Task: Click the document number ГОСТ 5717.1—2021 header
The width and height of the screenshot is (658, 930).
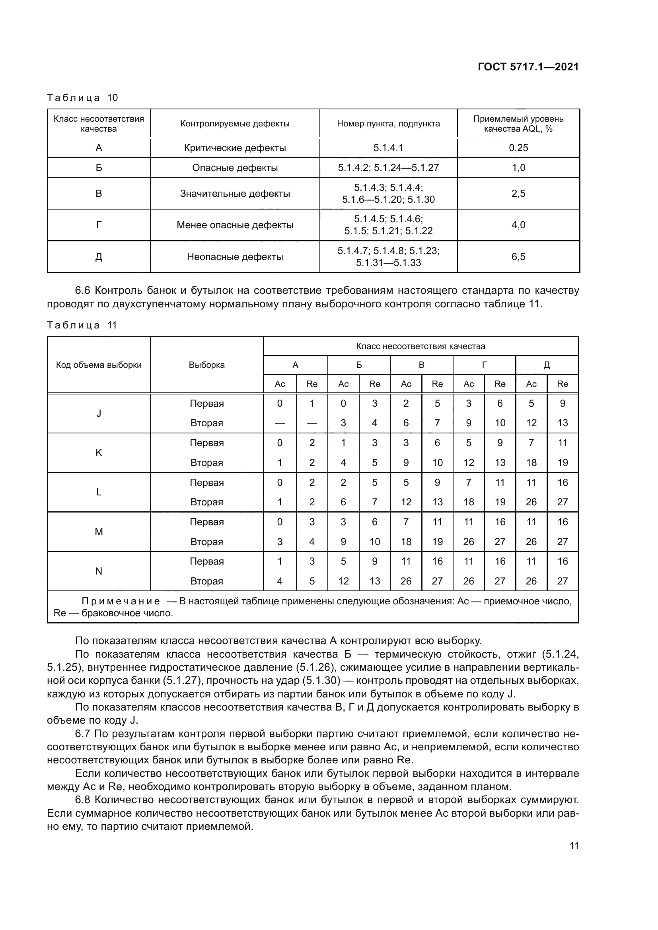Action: click(528, 67)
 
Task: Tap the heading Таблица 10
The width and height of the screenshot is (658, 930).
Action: click(82, 98)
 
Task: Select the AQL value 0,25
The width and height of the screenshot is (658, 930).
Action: click(518, 148)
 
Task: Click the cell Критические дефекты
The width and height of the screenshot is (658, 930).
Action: click(235, 148)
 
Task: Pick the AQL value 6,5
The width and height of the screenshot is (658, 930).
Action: click(518, 256)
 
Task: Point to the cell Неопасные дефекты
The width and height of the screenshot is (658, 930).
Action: click(235, 256)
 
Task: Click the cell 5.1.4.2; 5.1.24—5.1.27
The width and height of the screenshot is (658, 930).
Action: click(388, 168)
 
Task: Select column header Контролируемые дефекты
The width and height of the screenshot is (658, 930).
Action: click(235, 124)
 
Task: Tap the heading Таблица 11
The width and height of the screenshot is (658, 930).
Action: click(82, 325)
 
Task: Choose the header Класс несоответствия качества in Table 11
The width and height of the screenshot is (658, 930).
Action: click(420, 346)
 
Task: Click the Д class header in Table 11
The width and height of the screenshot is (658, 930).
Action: click(547, 365)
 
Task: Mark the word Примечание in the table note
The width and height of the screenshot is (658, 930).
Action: click(120, 601)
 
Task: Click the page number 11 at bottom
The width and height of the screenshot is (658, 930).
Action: click(574, 846)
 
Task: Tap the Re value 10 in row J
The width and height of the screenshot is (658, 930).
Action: click(500, 423)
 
